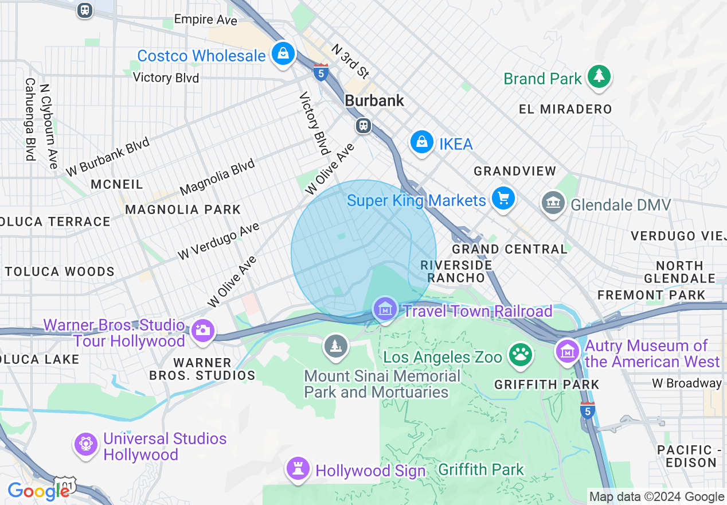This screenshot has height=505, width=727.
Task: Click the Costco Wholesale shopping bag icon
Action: [283, 54]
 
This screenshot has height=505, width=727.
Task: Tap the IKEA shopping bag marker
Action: [422, 141]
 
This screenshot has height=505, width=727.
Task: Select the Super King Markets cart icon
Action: [503, 199]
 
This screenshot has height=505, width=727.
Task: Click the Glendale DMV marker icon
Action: [553, 203]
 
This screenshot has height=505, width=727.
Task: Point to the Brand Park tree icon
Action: [599, 76]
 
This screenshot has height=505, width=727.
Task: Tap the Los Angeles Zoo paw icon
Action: [521, 355]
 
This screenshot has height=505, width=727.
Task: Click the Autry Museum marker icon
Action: [568, 351]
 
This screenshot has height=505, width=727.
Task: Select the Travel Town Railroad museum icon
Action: [385, 309]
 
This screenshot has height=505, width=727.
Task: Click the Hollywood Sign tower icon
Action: [298, 469]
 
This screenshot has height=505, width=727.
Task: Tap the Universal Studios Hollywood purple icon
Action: [86, 444]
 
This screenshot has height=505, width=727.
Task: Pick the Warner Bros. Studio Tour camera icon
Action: [202, 330]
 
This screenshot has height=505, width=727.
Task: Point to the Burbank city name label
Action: [374, 100]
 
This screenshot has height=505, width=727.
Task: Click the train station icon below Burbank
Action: [363, 126]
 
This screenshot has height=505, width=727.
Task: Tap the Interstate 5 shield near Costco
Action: [321, 72]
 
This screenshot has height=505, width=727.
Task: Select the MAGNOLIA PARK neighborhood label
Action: [183, 209]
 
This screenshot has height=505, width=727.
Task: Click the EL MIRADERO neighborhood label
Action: [565, 109]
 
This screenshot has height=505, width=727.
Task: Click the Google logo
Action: [38, 491]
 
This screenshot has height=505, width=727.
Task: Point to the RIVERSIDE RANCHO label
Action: [456, 271]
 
